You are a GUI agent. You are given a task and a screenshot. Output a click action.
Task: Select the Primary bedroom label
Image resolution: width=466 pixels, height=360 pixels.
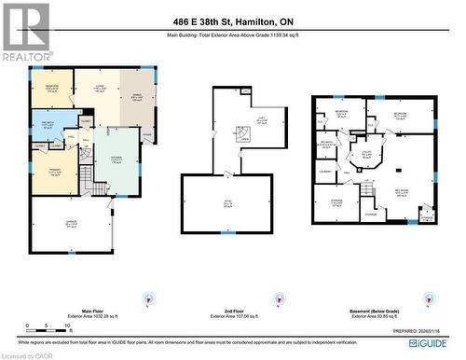pyautogui.click(x=54, y=173)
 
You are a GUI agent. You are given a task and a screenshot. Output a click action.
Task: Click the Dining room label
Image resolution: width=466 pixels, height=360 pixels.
pyautogui.click(x=138, y=92)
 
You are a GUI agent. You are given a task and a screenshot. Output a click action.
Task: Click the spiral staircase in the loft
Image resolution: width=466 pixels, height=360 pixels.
pyautogui.click(x=241, y=136)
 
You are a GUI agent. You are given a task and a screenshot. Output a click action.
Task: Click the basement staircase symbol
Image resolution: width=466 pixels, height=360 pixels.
pyautogui.click(x=369, y=191)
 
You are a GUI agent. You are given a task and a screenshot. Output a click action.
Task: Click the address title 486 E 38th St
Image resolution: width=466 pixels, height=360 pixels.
pyautogui.click(x=232, y=21)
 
